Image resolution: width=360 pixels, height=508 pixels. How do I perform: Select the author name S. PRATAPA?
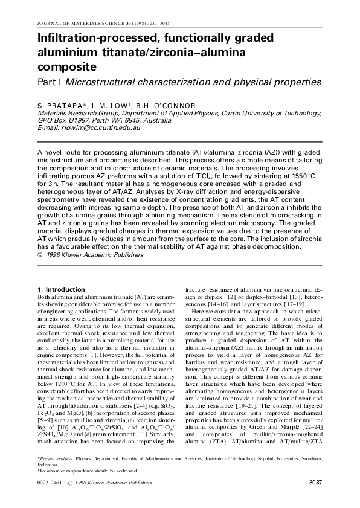60,106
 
